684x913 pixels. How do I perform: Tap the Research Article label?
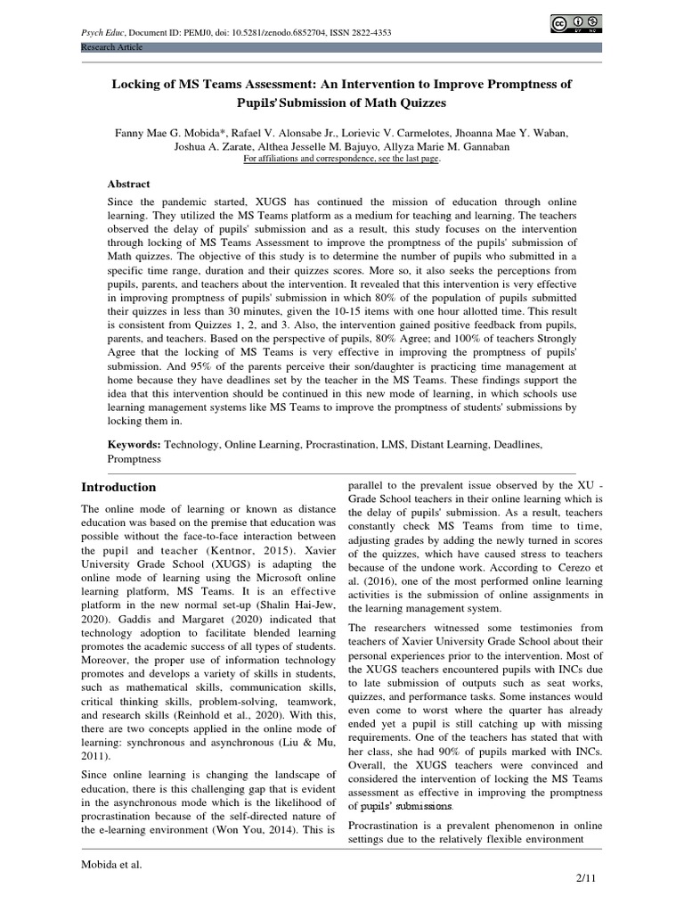111,46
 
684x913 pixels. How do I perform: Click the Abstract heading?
130,184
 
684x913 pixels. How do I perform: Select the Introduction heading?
118,487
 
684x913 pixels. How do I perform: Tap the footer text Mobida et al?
112,864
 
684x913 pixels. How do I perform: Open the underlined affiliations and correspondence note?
342,159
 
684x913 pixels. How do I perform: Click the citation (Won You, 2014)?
256,829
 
